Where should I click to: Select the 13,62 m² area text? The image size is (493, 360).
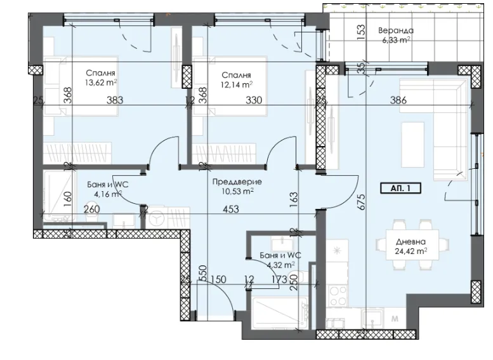pos(104,83)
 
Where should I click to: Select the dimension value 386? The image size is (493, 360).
pos(398,100)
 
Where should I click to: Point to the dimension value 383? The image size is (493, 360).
pos(114,100)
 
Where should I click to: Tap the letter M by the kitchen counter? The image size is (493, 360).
pos(395,317)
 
